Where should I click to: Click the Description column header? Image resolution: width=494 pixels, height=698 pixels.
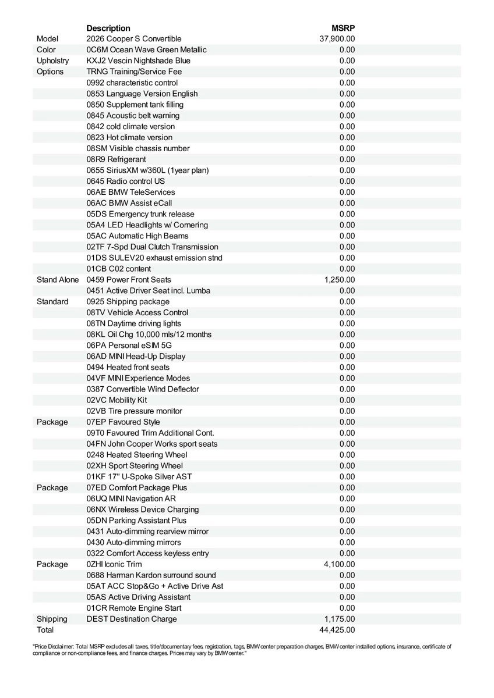pos(108,28)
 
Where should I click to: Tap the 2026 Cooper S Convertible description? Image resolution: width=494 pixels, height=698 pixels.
pos(134,39)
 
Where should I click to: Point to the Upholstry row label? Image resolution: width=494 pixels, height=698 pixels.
pos(52,60)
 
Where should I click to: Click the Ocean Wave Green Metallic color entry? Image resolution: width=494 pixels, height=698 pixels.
pos(146,50)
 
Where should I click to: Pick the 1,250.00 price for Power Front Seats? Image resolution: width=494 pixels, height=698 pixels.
pos(340,280)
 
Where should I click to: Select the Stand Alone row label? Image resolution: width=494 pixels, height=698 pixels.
pos(57,280)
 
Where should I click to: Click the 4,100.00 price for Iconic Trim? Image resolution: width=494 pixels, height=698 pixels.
pos(340,564)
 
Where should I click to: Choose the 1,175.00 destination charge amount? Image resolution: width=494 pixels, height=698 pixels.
pos(340,619)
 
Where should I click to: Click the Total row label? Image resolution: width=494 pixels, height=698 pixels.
pos(45,630)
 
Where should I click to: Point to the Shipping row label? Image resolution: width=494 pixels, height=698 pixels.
pos(52,619)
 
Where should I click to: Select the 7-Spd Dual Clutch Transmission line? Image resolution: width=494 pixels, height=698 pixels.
pos(152,247)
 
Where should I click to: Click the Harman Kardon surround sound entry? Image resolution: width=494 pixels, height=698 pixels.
pos(151,575)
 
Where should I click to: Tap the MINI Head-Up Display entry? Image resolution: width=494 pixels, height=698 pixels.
pos(136,356)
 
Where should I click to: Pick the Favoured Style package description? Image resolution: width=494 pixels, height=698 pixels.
pos(123,422)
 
